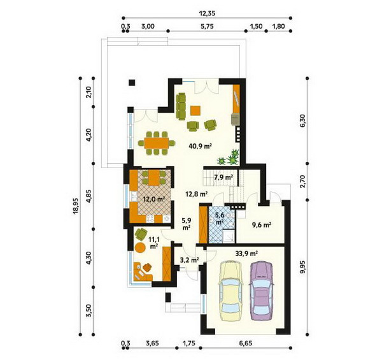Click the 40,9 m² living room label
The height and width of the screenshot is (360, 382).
[x=200, y=147]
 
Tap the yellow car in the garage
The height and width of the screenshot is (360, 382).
[x=231, y=291]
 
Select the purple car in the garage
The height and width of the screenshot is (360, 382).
[x=262, y=291]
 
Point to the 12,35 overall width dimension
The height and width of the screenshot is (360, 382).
[x=207, y=13]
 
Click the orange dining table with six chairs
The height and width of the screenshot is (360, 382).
[x=156, y=143]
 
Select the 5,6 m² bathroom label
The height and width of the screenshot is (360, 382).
[x=220, y=219]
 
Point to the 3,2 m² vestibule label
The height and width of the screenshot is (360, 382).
[x=190, y=261]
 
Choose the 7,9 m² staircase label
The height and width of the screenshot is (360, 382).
[x=223, y=177]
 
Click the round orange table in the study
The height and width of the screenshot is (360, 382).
[x=140, y=247]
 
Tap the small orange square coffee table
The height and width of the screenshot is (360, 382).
[x=195, y=110]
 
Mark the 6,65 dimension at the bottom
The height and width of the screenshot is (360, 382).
[x=246, y=343]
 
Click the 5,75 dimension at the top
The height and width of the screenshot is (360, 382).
[x=207, y=26]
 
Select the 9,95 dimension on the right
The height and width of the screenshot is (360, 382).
[x=302, y=268]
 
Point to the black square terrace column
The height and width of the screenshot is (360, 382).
[x=132, y=83]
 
